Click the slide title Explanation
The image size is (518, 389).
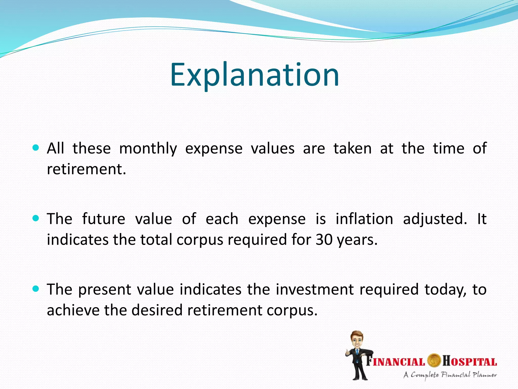click(254, 75)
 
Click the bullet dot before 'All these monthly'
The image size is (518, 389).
click(36, 148)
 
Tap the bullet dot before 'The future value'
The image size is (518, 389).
click(36, 218)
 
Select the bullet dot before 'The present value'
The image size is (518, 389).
click(36, 288)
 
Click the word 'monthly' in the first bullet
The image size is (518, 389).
click(148, 149)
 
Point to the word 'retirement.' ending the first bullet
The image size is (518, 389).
click(87, 169)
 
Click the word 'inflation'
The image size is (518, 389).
click(364, 219)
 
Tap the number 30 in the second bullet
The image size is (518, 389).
click(324, 240)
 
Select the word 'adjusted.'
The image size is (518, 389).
click(435, 219)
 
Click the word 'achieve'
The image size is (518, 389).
click(73, 310)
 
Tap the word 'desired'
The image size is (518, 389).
click(157, 310)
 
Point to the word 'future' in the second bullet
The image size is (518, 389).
click(103, 219)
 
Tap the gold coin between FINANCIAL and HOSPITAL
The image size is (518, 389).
click(434, 361)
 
